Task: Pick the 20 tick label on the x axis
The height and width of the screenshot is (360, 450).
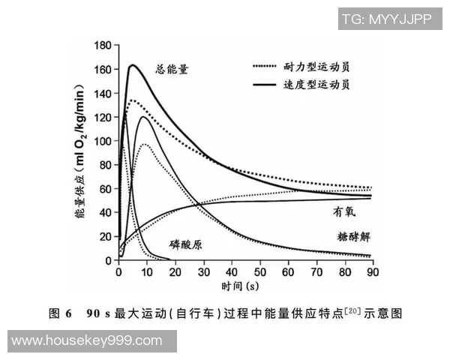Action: (174, 271)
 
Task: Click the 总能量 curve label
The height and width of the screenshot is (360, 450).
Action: (172, 69)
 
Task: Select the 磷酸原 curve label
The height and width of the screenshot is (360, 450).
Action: (187, 244)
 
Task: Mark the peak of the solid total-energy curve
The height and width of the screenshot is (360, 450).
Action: (132, 65)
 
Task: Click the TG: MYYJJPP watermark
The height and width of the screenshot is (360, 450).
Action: (386, 19)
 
